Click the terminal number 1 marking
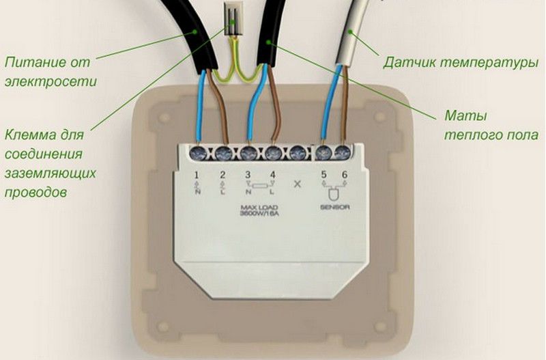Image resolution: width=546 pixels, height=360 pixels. click(197, 176)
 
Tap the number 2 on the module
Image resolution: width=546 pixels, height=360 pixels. click(222, 176)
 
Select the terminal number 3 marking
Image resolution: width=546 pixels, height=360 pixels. click(247, 176)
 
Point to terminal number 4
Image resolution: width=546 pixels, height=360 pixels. click(273, 176)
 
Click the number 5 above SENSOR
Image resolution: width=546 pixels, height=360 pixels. click(324, 176)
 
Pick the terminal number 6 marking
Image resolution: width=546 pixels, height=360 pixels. click(345, 176)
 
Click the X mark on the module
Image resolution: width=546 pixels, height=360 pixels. click(297, 184)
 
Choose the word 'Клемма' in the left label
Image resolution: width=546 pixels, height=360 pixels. click(29, 134)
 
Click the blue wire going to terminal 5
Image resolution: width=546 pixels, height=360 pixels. click(330, 109)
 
